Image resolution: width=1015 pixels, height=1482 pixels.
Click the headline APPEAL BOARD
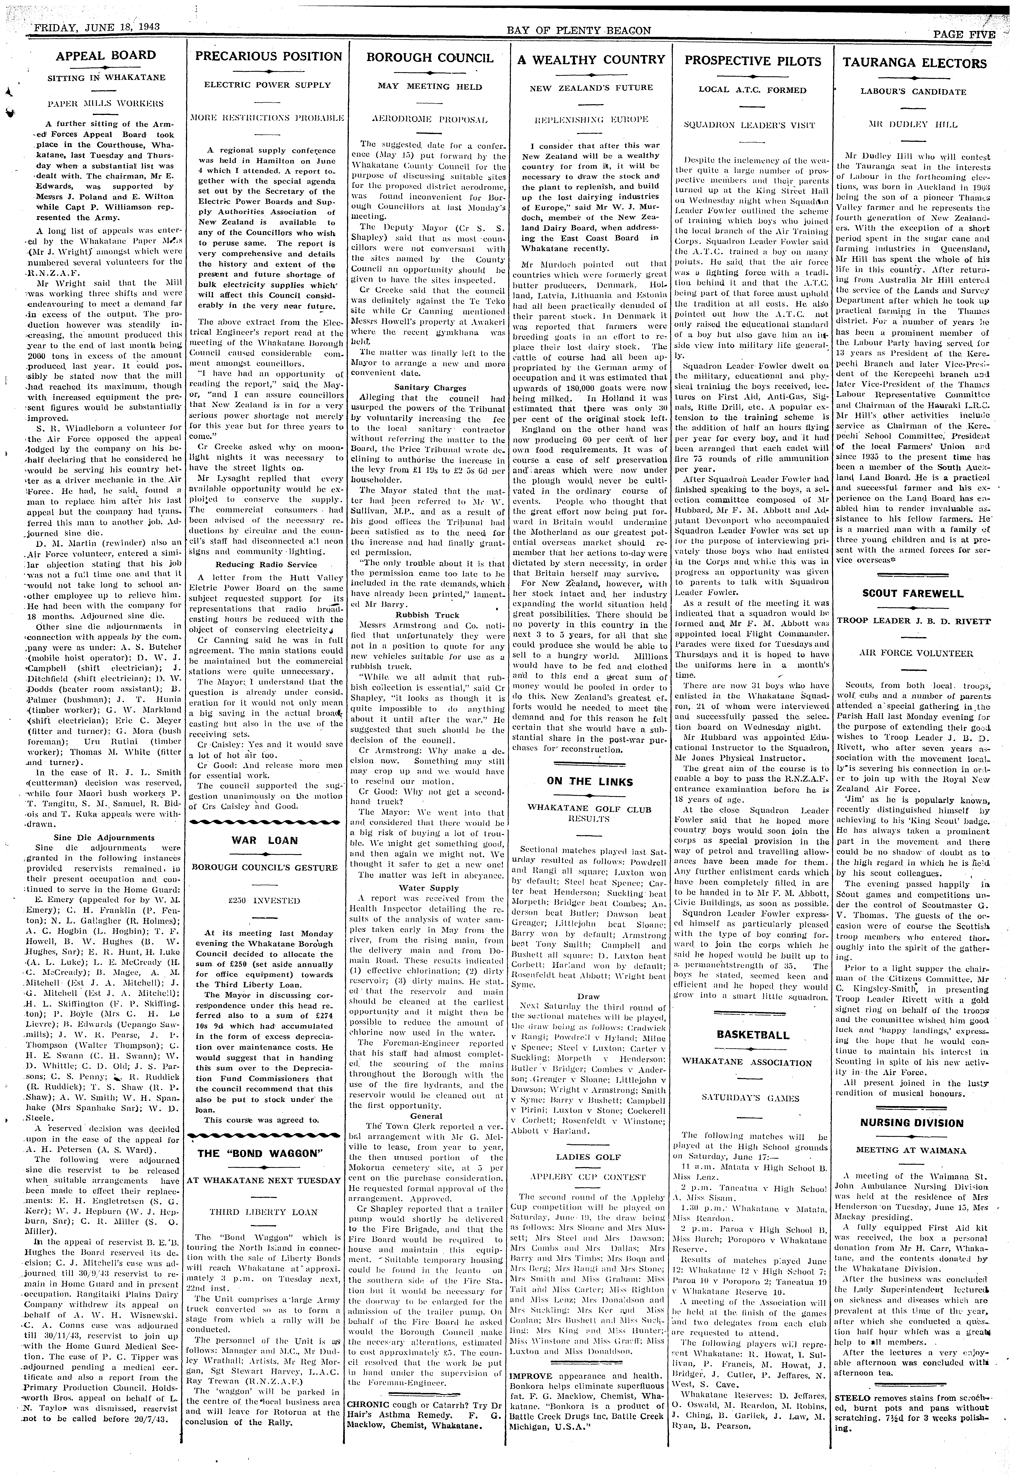[x=106, y=56]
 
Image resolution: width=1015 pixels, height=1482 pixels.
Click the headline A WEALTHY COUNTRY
[x=591, y=60]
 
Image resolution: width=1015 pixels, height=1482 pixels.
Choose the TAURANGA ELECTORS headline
[x=914, y=63]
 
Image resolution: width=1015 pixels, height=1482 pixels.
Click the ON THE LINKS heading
[x=590, y=782]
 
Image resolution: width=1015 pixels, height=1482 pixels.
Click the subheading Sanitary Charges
[x=430, y=388]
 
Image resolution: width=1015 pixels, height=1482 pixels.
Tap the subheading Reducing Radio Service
[x=266, y=564]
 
